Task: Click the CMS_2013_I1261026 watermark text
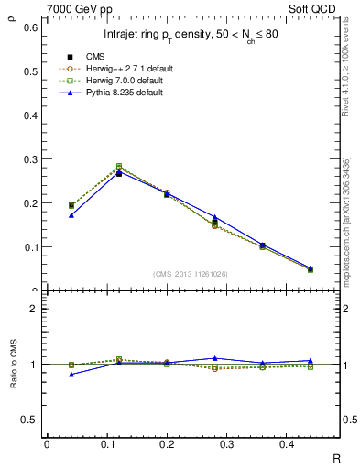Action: coord(190,273)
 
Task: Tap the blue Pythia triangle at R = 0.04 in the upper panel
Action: coord(71,215)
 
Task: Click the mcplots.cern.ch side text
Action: coord(347,220)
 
